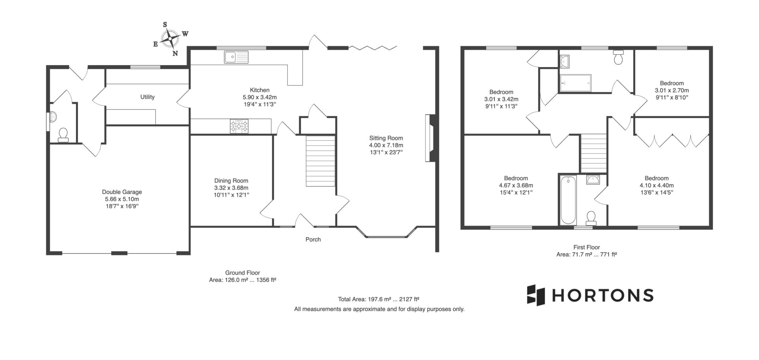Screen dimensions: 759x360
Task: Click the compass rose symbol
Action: [170, 39]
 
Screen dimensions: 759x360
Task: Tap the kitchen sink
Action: [236, 57]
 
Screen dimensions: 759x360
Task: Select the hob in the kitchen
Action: [240, 126]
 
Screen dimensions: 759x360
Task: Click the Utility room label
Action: [147, 97]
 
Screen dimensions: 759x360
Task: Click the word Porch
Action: [313, 239]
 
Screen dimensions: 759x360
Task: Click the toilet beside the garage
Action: [63, 135]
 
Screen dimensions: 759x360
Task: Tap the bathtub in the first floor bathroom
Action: [568, 200]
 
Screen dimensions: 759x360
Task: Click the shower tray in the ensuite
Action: [575, 83]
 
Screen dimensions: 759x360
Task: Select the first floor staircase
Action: [593, 153]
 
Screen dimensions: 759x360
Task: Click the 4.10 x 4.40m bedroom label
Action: [657, 185]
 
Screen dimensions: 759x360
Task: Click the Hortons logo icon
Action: [536, 295]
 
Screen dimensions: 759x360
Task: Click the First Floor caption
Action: [587, 247]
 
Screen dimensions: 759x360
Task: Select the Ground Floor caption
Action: [242, 273]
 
